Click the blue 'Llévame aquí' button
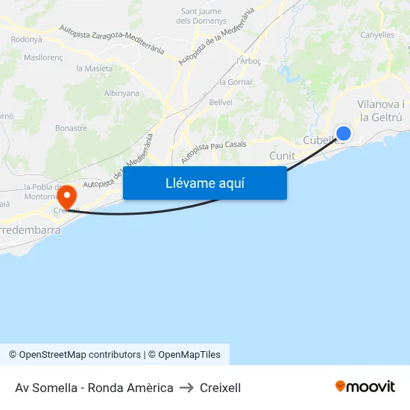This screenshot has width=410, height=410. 205,183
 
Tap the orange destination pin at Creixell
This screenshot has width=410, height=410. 67,197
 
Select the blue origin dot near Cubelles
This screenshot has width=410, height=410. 344,133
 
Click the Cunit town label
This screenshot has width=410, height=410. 282,156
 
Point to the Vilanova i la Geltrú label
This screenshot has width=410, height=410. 380,111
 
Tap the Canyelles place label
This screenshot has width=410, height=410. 377,35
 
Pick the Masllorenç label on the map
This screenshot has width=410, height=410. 43,57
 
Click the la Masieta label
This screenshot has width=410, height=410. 95,69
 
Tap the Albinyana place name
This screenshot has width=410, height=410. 122,93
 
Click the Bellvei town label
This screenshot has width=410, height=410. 221,101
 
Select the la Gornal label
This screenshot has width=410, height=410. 236,82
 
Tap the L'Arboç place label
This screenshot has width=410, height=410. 248,60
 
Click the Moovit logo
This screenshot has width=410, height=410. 365,387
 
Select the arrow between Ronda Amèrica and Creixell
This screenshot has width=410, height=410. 186,388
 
